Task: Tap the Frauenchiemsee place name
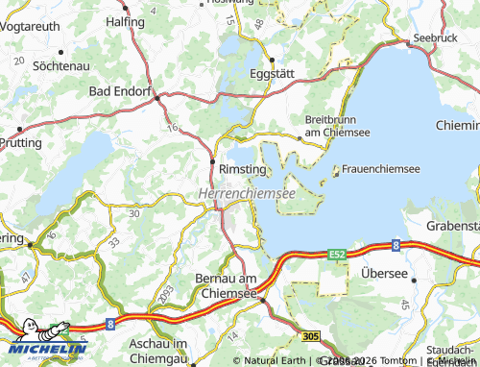tap(380, 168)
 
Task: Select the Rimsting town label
tap(243, 168)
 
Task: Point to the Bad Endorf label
tap(120, 91)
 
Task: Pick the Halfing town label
tap(125, 20)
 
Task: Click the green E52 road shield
tap(336, 254)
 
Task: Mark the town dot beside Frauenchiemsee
tap(335, 174)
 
